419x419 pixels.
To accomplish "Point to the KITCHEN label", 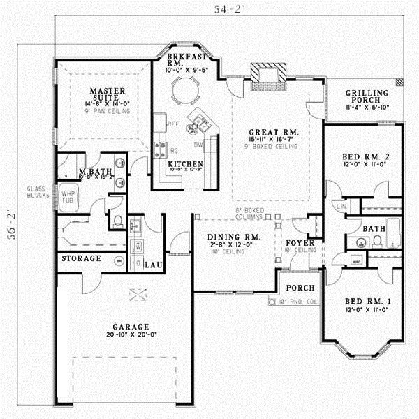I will pyautogui.click(x=184, y=164).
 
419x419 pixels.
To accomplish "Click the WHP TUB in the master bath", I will pyautogui.click(x=68, y=197).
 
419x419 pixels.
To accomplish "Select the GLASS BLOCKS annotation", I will pyautogui.click(x=36, y=193).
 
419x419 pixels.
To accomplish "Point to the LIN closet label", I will pyautogui.click(x=341, y=206).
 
